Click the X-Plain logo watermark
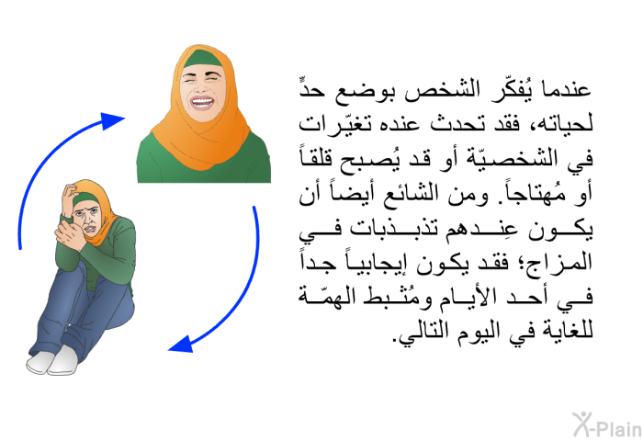607,424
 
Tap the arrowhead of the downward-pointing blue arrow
181,345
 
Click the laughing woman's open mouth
202,102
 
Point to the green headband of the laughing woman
203,59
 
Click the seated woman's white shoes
51,361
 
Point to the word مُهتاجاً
530,193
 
